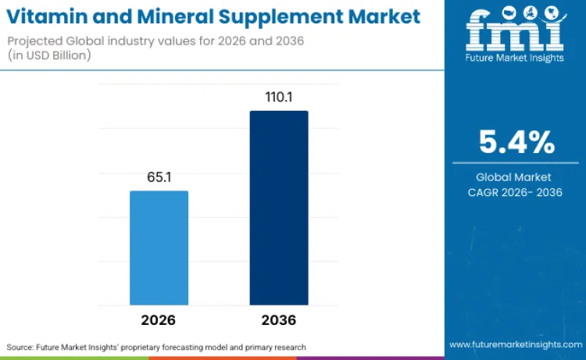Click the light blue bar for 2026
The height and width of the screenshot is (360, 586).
[159, 248]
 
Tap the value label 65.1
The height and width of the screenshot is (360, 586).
[159, 177]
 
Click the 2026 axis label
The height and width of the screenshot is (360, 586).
[159, 320]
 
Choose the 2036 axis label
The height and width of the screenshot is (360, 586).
[279, 320]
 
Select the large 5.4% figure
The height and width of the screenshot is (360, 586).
[516, 143]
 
